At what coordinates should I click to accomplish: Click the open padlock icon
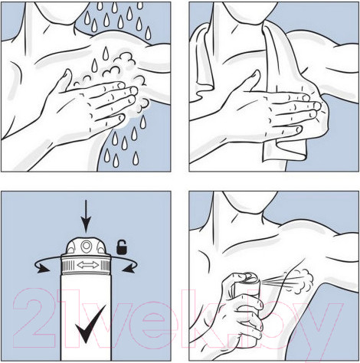122,247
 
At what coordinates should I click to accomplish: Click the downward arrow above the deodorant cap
86,216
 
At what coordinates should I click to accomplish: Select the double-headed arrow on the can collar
88,265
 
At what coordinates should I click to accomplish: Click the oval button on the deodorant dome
86,246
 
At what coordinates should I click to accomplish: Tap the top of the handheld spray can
251,278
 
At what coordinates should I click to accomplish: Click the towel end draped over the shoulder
203,61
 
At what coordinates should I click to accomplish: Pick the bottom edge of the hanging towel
284,156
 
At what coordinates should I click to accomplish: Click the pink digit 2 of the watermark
34,319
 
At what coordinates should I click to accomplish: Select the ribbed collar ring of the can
86,265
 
